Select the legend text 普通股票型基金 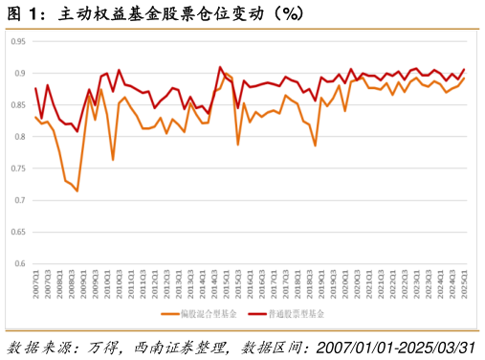pos(298,313)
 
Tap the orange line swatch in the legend pos(168,313)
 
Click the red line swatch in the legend pos(255,313)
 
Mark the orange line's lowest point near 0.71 pos(77,191)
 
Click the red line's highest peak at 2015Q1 pos(220,68)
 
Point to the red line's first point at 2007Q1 pos(35,88)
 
